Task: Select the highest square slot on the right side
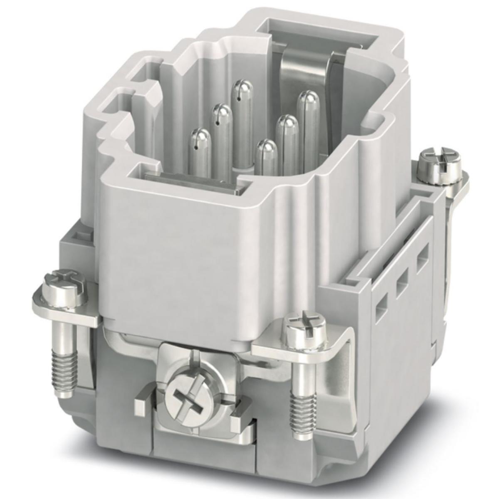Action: (x=422, y=253)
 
